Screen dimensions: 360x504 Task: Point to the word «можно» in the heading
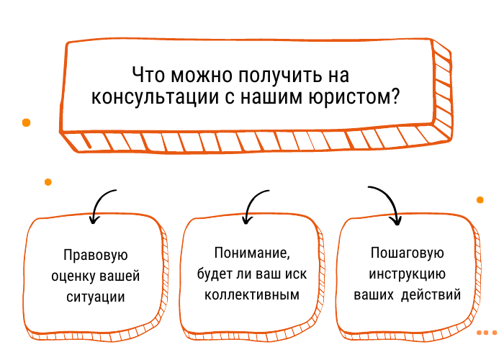point(197,76)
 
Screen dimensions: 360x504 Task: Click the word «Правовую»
point(96,256)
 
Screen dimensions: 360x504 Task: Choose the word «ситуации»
point(95,297)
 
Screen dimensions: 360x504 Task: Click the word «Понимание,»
point(251,253)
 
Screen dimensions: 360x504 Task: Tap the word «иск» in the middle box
point(291,274)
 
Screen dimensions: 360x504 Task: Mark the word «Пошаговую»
point(406,254)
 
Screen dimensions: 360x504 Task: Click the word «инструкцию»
point(406,274)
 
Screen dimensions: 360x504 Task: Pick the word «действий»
point(431,294)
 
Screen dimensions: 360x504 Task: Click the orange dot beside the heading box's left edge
point(27,122)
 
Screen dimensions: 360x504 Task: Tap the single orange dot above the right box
point(480,199)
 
